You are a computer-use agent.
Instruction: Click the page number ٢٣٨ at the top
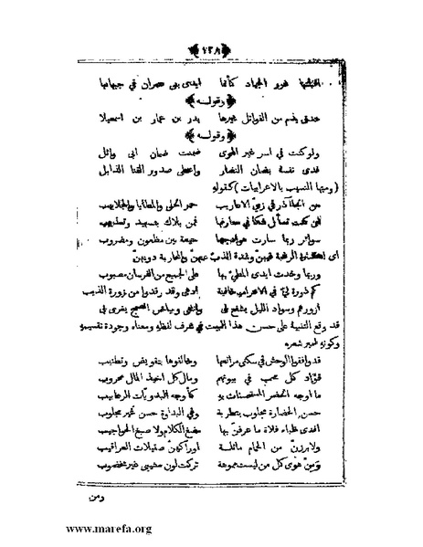coord(211,48)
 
